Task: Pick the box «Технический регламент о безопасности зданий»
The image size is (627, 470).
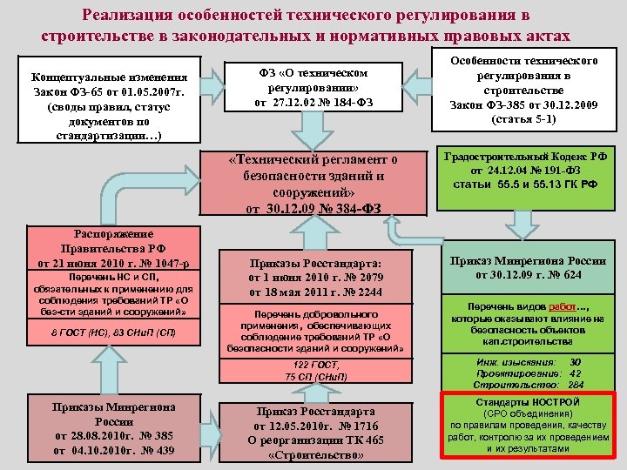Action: click(x=314, y=184)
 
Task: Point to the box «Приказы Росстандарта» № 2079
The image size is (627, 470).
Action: click(x=315, y=276)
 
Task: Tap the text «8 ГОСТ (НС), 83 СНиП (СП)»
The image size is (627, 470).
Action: click(x=113, y=332)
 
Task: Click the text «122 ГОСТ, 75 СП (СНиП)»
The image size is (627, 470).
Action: click(x=315, y=370)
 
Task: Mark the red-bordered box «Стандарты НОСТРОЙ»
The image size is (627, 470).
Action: click(x=529, y=426)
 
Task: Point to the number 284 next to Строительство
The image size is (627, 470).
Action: click(x=576, y=384)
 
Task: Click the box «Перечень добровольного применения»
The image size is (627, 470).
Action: click(x=315, y=332)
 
